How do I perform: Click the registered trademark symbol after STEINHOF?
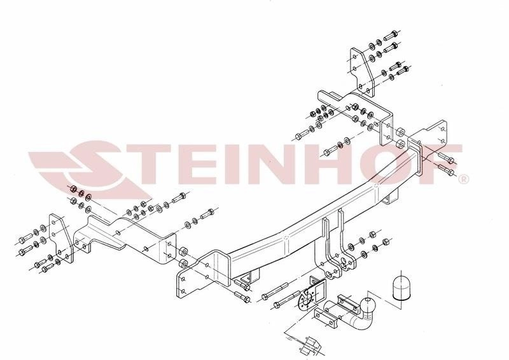tap(463, 179)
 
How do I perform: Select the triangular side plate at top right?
tap(362, 72)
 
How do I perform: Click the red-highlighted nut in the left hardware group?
tap(73, 189)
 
